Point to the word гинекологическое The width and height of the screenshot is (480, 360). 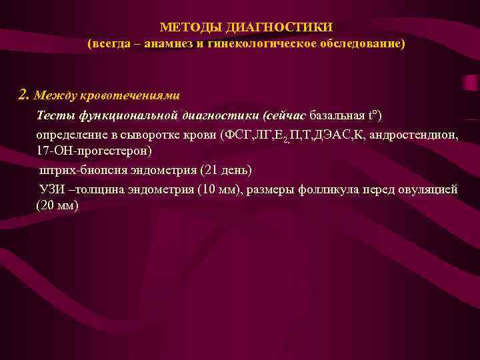[x=259, y=44]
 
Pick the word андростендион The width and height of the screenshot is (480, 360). [x=417, y=134]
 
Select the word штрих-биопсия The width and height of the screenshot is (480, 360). [x=79, y=170]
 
